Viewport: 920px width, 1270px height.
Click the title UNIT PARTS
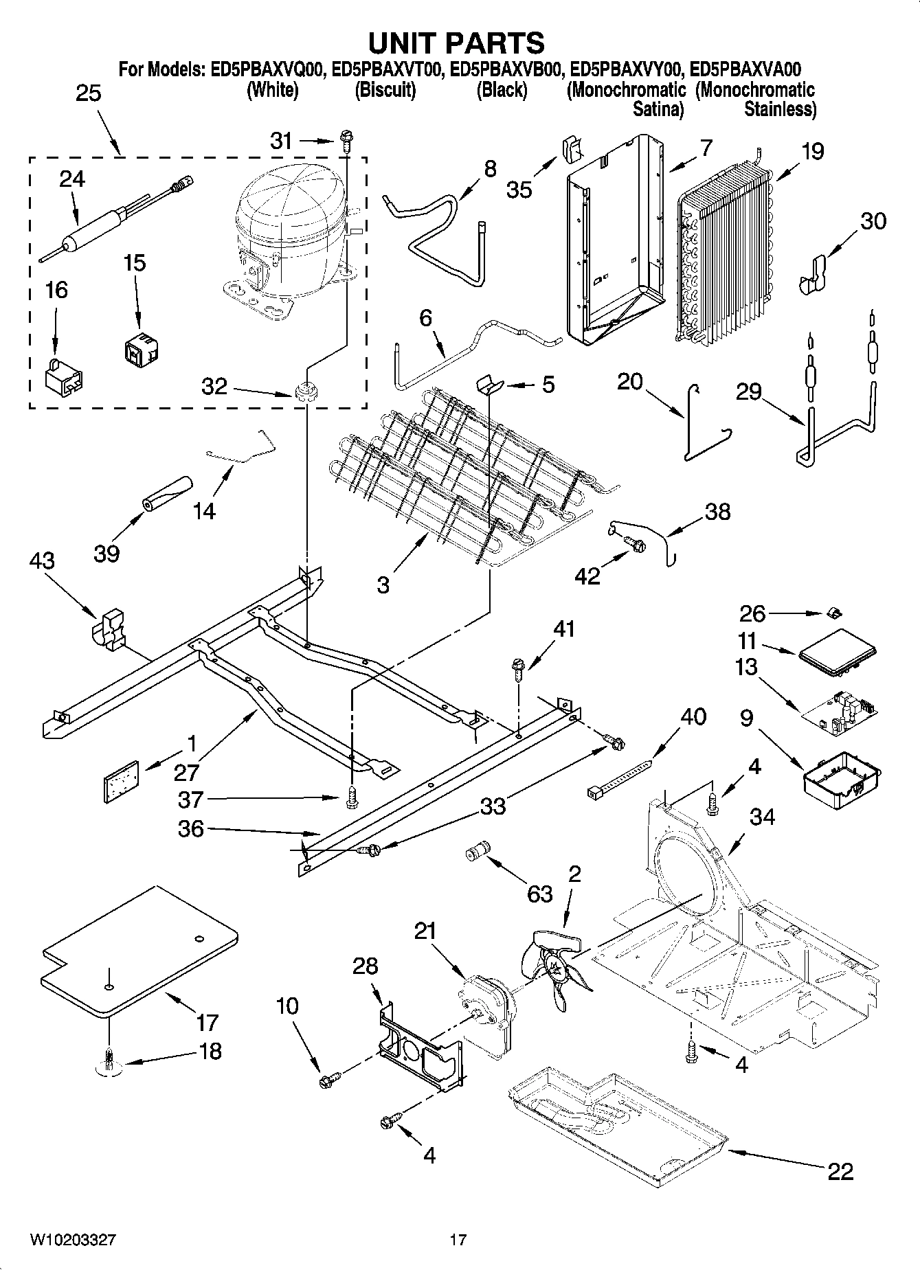(456, 43)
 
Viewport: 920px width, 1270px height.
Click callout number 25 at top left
(88, 93)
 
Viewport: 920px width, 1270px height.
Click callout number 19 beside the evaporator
(812, 151)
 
